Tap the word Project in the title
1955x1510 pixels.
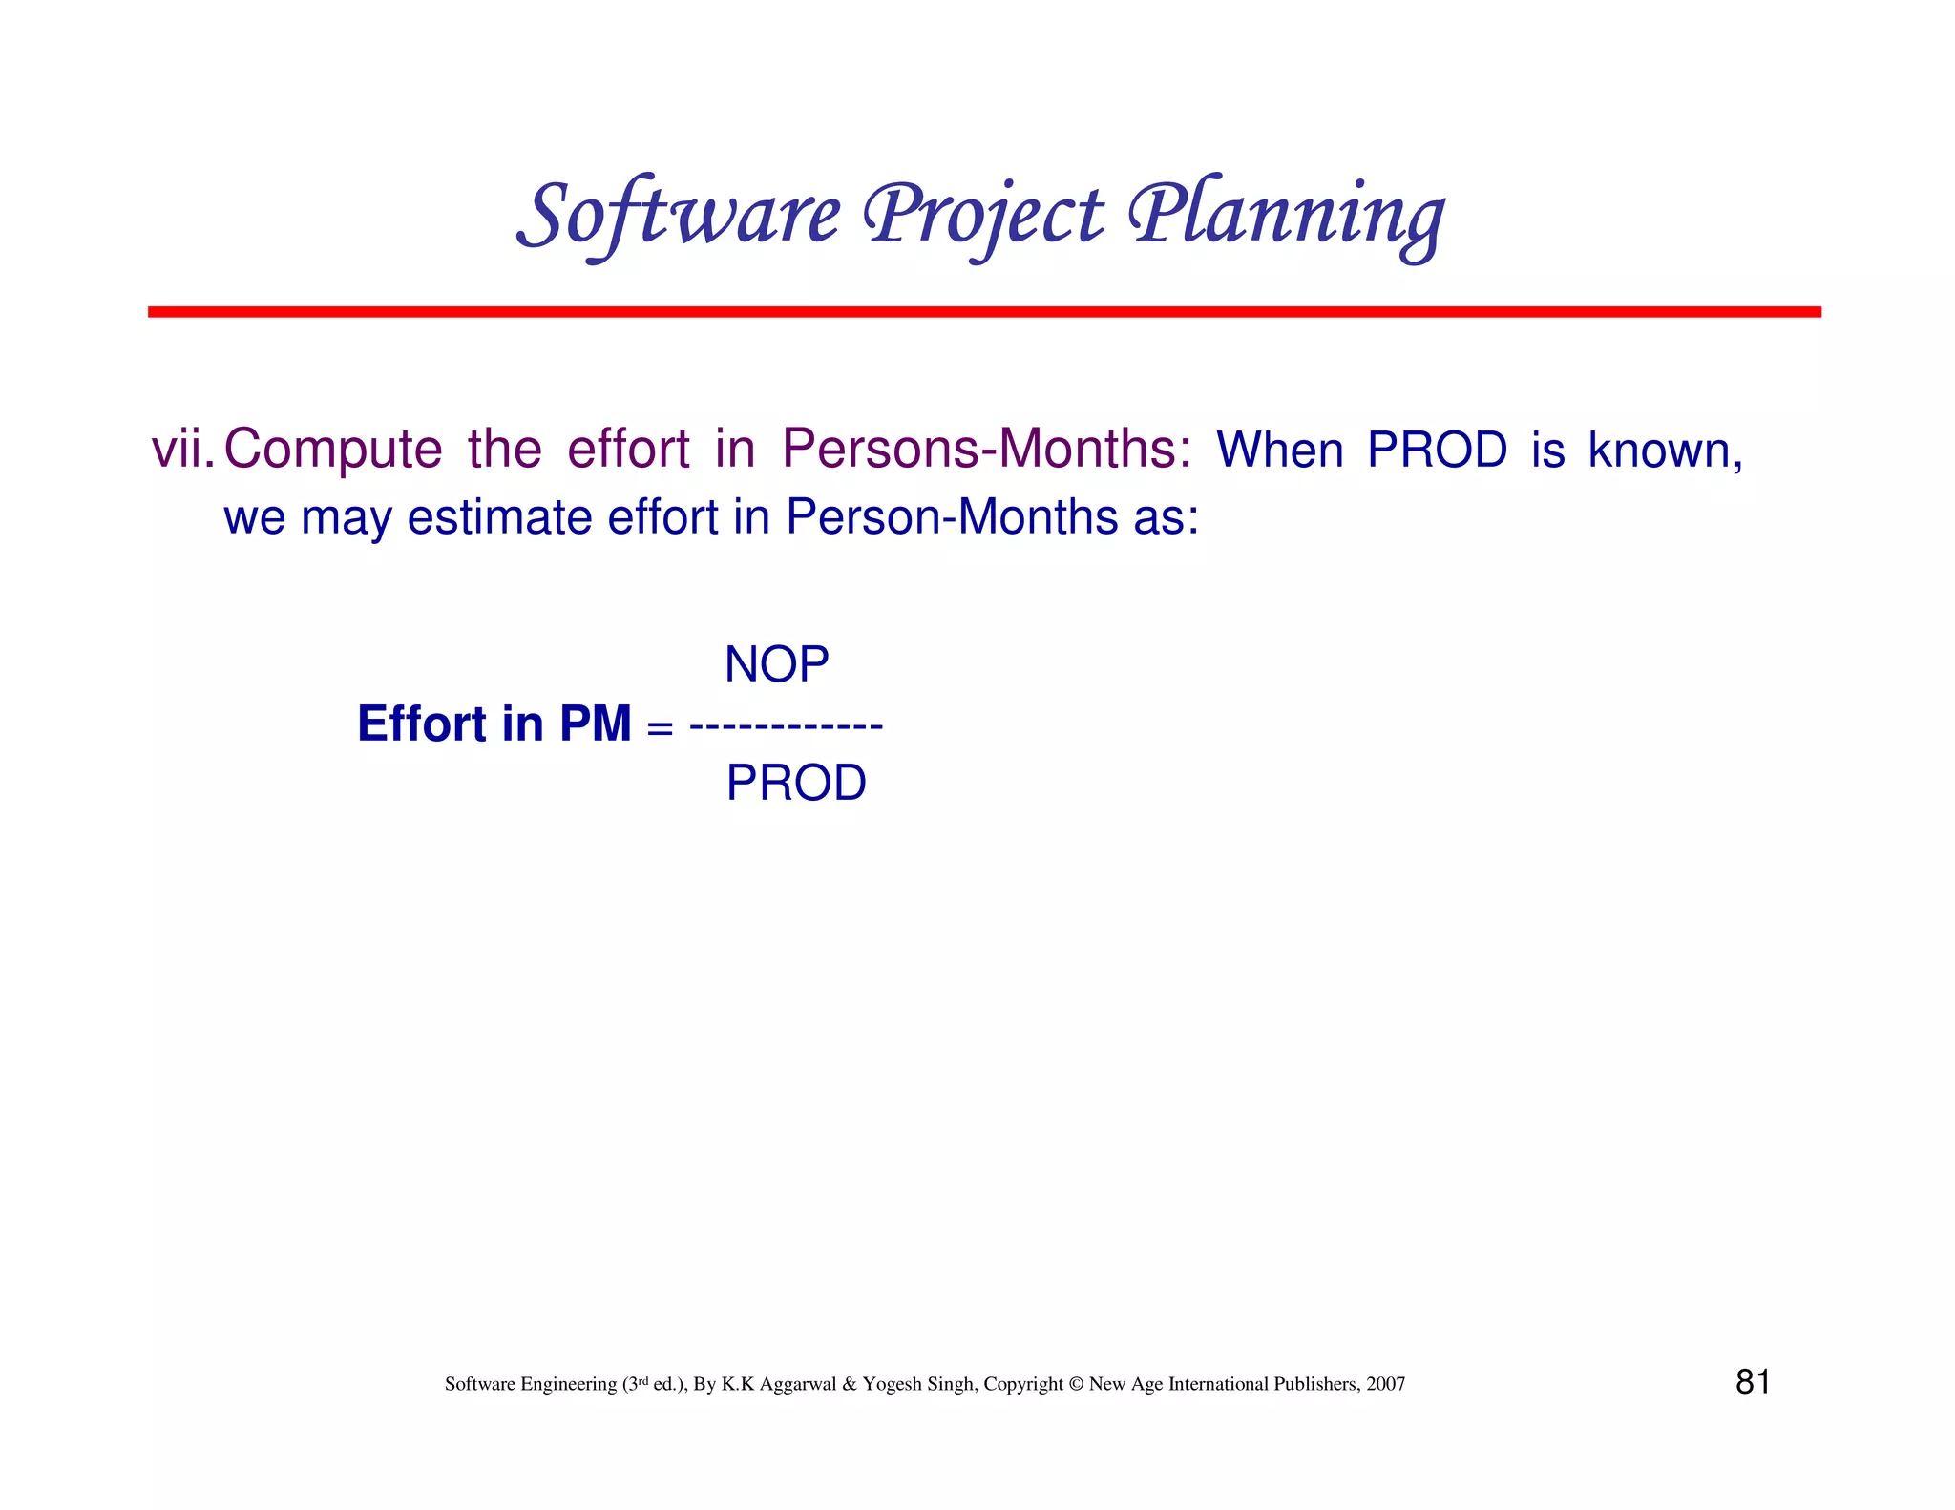983,214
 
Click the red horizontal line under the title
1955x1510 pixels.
983,312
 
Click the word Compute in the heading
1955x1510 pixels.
333,449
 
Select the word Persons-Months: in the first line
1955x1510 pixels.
986,449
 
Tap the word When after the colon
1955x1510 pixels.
1279,451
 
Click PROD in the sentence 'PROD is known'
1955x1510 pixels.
1437,451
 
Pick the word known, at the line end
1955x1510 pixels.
1665,451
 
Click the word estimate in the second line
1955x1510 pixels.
500,518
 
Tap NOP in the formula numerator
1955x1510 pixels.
776,664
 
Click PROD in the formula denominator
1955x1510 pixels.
796,784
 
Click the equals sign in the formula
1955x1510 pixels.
660,727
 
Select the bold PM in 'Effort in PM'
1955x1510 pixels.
595,724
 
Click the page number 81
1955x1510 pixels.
1753,1382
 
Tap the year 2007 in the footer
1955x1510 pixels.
1385,1384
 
